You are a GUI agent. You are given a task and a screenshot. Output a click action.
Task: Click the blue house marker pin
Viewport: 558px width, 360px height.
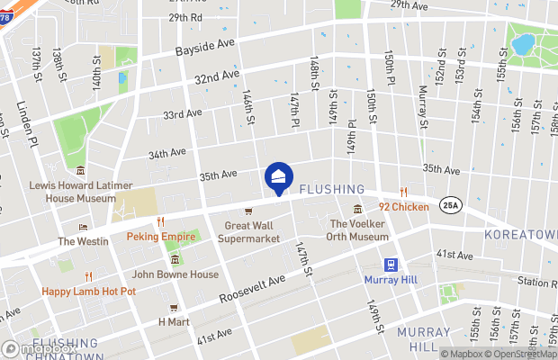click(279, 178)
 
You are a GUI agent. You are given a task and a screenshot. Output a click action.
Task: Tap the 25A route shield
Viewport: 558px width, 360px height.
click(448, 206)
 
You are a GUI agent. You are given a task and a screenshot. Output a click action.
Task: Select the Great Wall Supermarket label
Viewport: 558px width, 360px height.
click(252, 233)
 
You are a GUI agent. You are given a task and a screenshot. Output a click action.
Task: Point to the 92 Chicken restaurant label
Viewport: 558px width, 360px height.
click(403, 205)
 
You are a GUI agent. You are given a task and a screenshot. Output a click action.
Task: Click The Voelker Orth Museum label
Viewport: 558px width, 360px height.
click(358, 229)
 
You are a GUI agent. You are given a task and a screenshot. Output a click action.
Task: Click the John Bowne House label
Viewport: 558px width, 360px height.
click(175, 274)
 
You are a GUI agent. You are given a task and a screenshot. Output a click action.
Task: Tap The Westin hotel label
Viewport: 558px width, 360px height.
click(83, 241)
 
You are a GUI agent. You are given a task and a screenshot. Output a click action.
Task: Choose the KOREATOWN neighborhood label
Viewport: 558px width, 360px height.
click(520, 233)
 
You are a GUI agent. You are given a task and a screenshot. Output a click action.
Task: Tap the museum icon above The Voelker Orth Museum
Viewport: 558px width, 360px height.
click(357, 210)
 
